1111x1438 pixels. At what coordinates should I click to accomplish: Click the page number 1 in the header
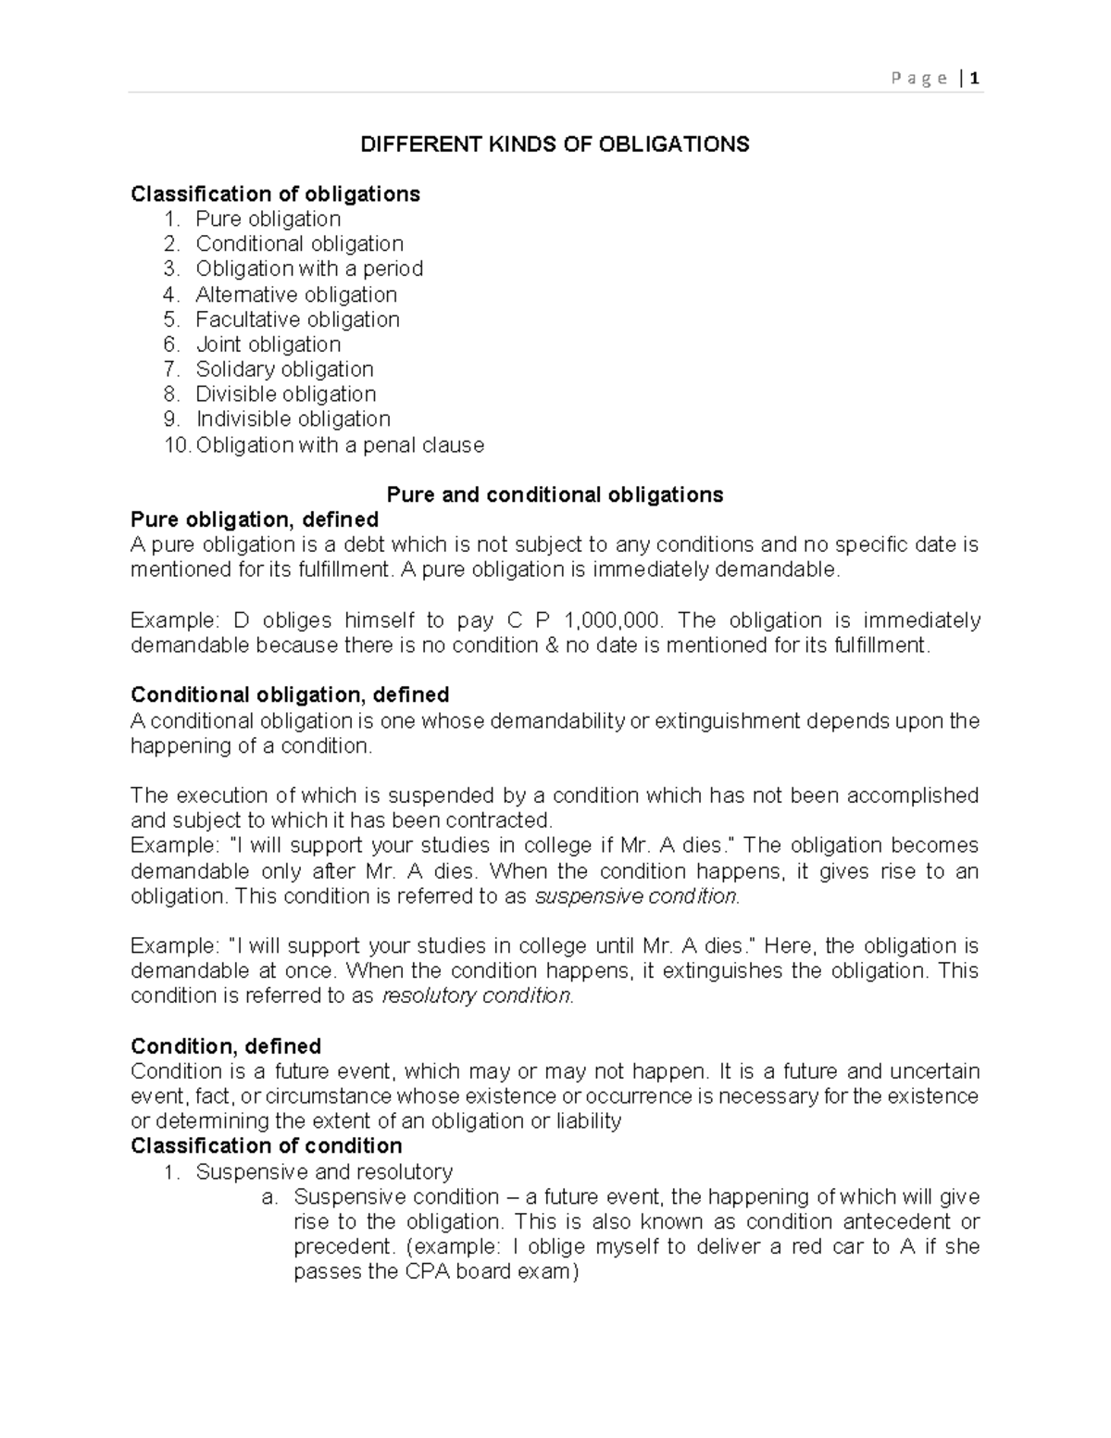(976, 79)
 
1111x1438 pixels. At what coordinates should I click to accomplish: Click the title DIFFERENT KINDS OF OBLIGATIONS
(555, 144)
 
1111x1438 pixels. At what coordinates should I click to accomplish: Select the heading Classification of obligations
(275, 194)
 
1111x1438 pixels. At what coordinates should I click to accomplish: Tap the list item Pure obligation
(268, 219)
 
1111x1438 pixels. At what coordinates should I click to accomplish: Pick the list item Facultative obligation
(297, 319)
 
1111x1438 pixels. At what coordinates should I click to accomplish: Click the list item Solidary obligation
(284, 369)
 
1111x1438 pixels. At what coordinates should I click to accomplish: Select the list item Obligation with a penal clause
(340, 445)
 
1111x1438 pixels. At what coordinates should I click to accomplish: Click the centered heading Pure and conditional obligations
(555, 494)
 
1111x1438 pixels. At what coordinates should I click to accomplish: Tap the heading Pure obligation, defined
(255, 519)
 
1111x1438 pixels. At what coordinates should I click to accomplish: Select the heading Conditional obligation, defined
(290, 695)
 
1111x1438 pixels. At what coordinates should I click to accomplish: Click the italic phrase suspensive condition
(638, 896)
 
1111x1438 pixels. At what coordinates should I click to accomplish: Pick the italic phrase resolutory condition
(478, 996)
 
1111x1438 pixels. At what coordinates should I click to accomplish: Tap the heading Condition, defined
(226, 1046)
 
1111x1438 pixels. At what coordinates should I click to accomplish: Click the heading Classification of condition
(267, 1146)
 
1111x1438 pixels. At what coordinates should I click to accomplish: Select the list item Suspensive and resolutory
(324, 1171)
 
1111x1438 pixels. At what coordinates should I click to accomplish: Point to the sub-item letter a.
(269, 1197)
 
